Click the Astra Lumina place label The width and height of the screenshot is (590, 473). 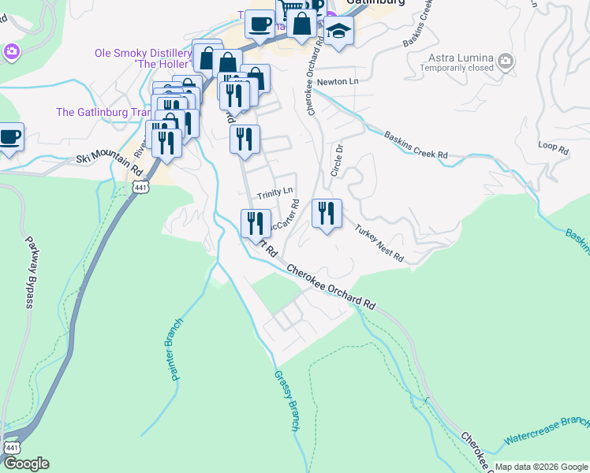pos(461,58)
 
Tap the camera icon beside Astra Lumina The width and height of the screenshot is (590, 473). pos(506,60)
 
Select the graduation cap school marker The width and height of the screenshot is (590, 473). pos(339,31)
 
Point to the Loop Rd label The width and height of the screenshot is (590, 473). pos(552,147)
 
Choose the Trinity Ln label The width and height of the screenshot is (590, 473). pos(274,192)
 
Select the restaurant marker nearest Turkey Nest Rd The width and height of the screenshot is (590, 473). pos(327,214)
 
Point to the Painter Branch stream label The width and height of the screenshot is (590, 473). pos(176,349)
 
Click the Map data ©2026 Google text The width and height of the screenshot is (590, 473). pos(541,467)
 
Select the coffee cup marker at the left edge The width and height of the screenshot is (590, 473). pos(9,137)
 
